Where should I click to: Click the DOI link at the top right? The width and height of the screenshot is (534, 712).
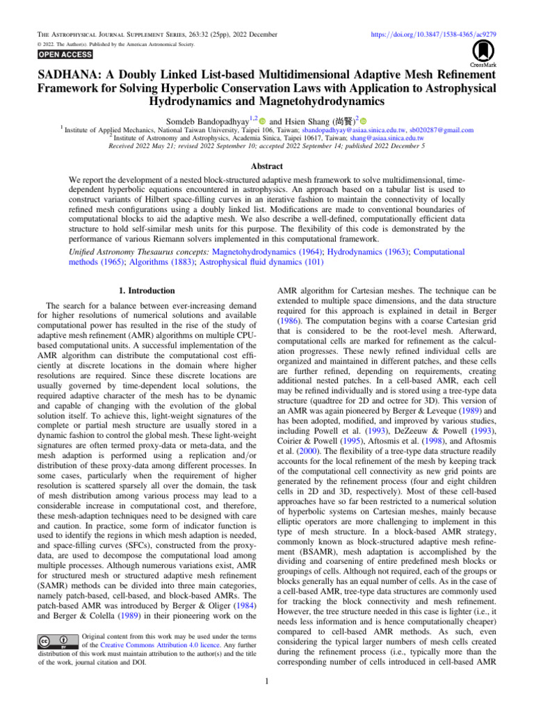pos(429,33)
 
